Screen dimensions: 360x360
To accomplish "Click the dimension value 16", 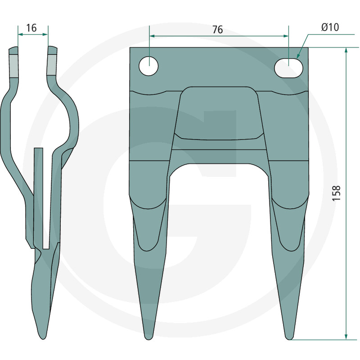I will tap(31, 28).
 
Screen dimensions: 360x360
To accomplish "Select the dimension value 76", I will tap(217, 30).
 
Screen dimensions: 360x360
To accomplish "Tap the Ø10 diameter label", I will tap(330, 27).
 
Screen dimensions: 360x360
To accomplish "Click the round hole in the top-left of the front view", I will tap(148, 66).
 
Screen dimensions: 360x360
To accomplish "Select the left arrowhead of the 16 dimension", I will tap(20, 34).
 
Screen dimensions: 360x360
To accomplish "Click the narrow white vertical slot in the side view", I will tap(39, 198).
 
